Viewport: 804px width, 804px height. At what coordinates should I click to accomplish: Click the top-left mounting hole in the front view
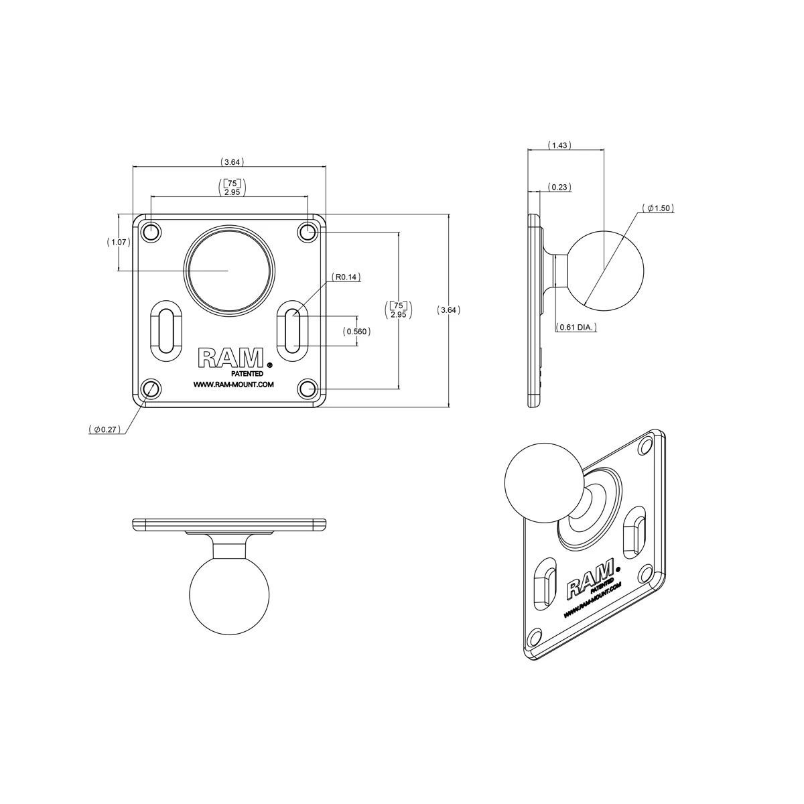click(151, 232)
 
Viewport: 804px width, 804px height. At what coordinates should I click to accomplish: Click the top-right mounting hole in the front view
click(308, 232)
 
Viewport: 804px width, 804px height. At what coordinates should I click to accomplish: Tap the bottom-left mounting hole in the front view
click(151, 389)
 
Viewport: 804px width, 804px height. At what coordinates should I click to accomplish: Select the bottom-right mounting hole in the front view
click(308, 389)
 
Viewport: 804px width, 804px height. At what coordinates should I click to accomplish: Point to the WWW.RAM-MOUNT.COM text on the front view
click(232, 385)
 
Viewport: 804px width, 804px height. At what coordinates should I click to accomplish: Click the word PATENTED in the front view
click(247, 373)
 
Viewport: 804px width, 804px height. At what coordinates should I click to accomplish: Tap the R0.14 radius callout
click(346, 276)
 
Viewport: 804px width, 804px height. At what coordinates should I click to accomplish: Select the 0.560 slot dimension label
click(356, 331)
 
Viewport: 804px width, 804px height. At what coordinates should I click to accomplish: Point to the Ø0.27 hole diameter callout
click(105, 429)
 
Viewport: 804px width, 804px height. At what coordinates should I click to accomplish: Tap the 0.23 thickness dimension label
click(559, 188)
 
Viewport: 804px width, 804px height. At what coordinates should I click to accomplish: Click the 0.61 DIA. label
click(577, 328)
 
